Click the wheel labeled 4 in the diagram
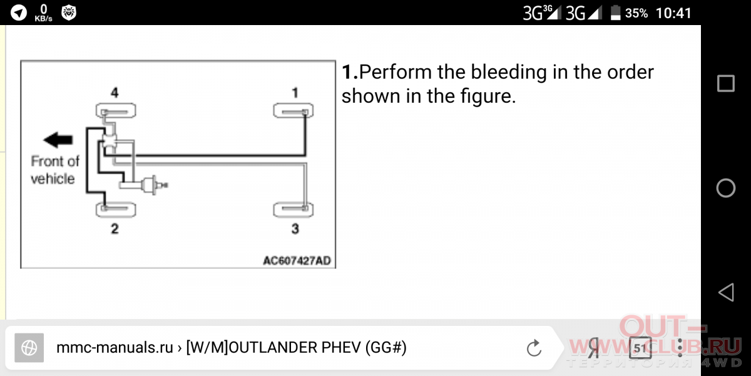(116, 111)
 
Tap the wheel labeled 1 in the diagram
(294, 111)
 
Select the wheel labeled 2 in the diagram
(116, 210)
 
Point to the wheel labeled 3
(294, 210)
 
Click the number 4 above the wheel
(115, 92)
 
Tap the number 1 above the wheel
(295, 92)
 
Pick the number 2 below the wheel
(115, 229)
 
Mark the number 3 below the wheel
(295, 229)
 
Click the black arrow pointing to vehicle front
(58, 140)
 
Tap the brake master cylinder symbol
(153, 185)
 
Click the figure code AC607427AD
(297, 261)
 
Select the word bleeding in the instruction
(509, 73)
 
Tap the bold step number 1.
(350, 72)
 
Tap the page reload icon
(534, 348)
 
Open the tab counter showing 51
(640, 348)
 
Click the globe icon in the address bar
(29, 348)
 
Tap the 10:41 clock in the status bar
(673, 13)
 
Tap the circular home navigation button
(726, 187)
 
